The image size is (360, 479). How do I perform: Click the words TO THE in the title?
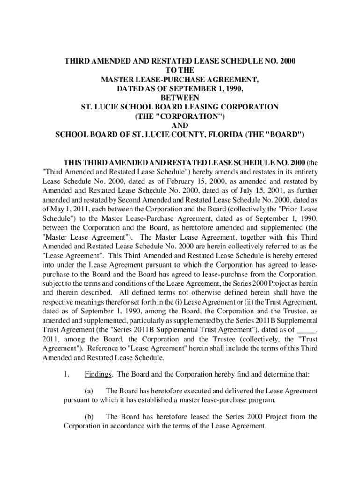click(x=180, y=71)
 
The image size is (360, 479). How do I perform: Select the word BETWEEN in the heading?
click(x=180, y=97)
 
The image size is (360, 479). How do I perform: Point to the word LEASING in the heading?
click(x=204, y=107)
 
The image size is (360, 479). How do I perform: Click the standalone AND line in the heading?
click(x=180, y=126)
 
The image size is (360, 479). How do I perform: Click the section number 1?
click(x=67, y=374)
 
